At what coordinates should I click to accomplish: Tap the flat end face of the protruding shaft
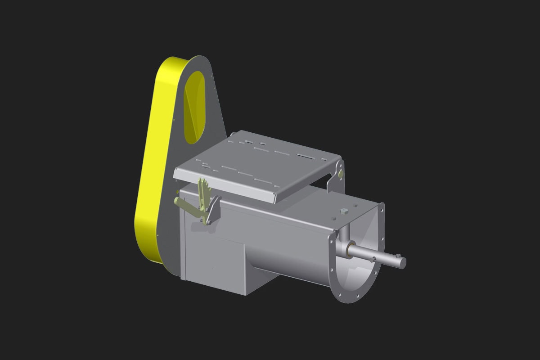(403, 262)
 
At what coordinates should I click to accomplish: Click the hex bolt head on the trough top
(344, 210)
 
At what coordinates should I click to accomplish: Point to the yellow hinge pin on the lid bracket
(341, 173)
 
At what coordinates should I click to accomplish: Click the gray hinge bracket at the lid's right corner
(335, 178)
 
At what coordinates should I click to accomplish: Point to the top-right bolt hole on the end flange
(382, 209)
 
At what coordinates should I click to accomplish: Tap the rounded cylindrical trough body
(288, 252)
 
